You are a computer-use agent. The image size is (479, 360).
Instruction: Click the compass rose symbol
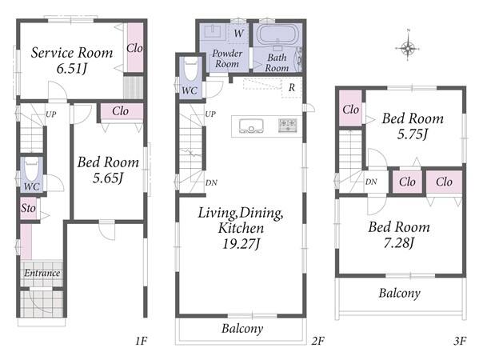(x=408, y=48)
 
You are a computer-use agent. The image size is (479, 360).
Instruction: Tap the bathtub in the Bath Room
(x=278, y=35)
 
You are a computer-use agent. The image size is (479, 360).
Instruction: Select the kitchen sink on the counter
(x=251, y=126)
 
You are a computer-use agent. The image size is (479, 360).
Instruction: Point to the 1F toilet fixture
(x=31, y=168)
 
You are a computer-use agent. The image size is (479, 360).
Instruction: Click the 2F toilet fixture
(x=191, y=70)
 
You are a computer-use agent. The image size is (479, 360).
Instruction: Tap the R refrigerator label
(x=292, y=88)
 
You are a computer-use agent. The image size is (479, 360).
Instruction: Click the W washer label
(x=239, y=33)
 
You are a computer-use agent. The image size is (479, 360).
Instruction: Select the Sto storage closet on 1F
(x=29, y=208)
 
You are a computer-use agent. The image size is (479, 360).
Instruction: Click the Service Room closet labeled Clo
(x=134, y=48)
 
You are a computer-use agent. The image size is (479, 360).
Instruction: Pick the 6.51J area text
(x=72, y=69)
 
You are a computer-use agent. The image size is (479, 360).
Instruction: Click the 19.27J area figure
(x=241, y=244)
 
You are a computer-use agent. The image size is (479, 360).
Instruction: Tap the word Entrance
(x=42, y=273)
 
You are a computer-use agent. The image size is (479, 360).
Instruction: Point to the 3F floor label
(x=460, y=341)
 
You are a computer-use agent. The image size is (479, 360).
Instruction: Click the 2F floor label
(x=318, y=341)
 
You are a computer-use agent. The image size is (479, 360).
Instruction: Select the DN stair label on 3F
(x=371, y=182)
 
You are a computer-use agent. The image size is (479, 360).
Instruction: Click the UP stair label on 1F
(x=51, y=114)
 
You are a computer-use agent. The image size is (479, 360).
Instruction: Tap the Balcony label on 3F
(x=400, y=294)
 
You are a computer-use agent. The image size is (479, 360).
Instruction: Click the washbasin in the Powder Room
(x=212, y=32)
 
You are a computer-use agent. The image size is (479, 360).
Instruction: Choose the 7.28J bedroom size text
(x=399, y=243)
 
